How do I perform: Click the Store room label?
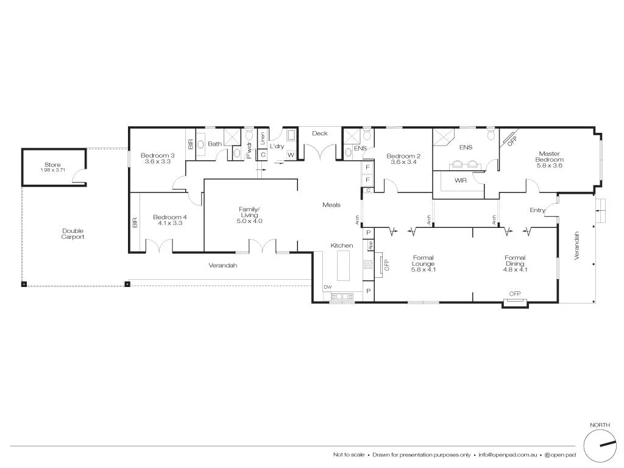coord(53,165)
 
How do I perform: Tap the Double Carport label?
coord(73,234)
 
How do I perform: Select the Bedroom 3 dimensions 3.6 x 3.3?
coord(157,161)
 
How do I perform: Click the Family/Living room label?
coord(249,212)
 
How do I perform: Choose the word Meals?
coord(331,205)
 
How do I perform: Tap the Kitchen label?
coord(341,246)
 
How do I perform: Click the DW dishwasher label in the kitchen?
coord(328,287)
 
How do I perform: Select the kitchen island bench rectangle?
coord(344,267)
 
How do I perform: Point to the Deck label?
coord(319,133)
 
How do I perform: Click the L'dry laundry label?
coord(277,146)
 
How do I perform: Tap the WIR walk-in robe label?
coord(461,180)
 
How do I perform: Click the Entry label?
coord(537,210)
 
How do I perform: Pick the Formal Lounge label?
coord(422,261)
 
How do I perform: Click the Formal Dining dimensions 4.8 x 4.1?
coord(514,270)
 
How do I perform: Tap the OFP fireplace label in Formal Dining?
coord(515,294)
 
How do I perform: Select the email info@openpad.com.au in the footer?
coord(507,455)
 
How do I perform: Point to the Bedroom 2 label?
coord(404,157)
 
